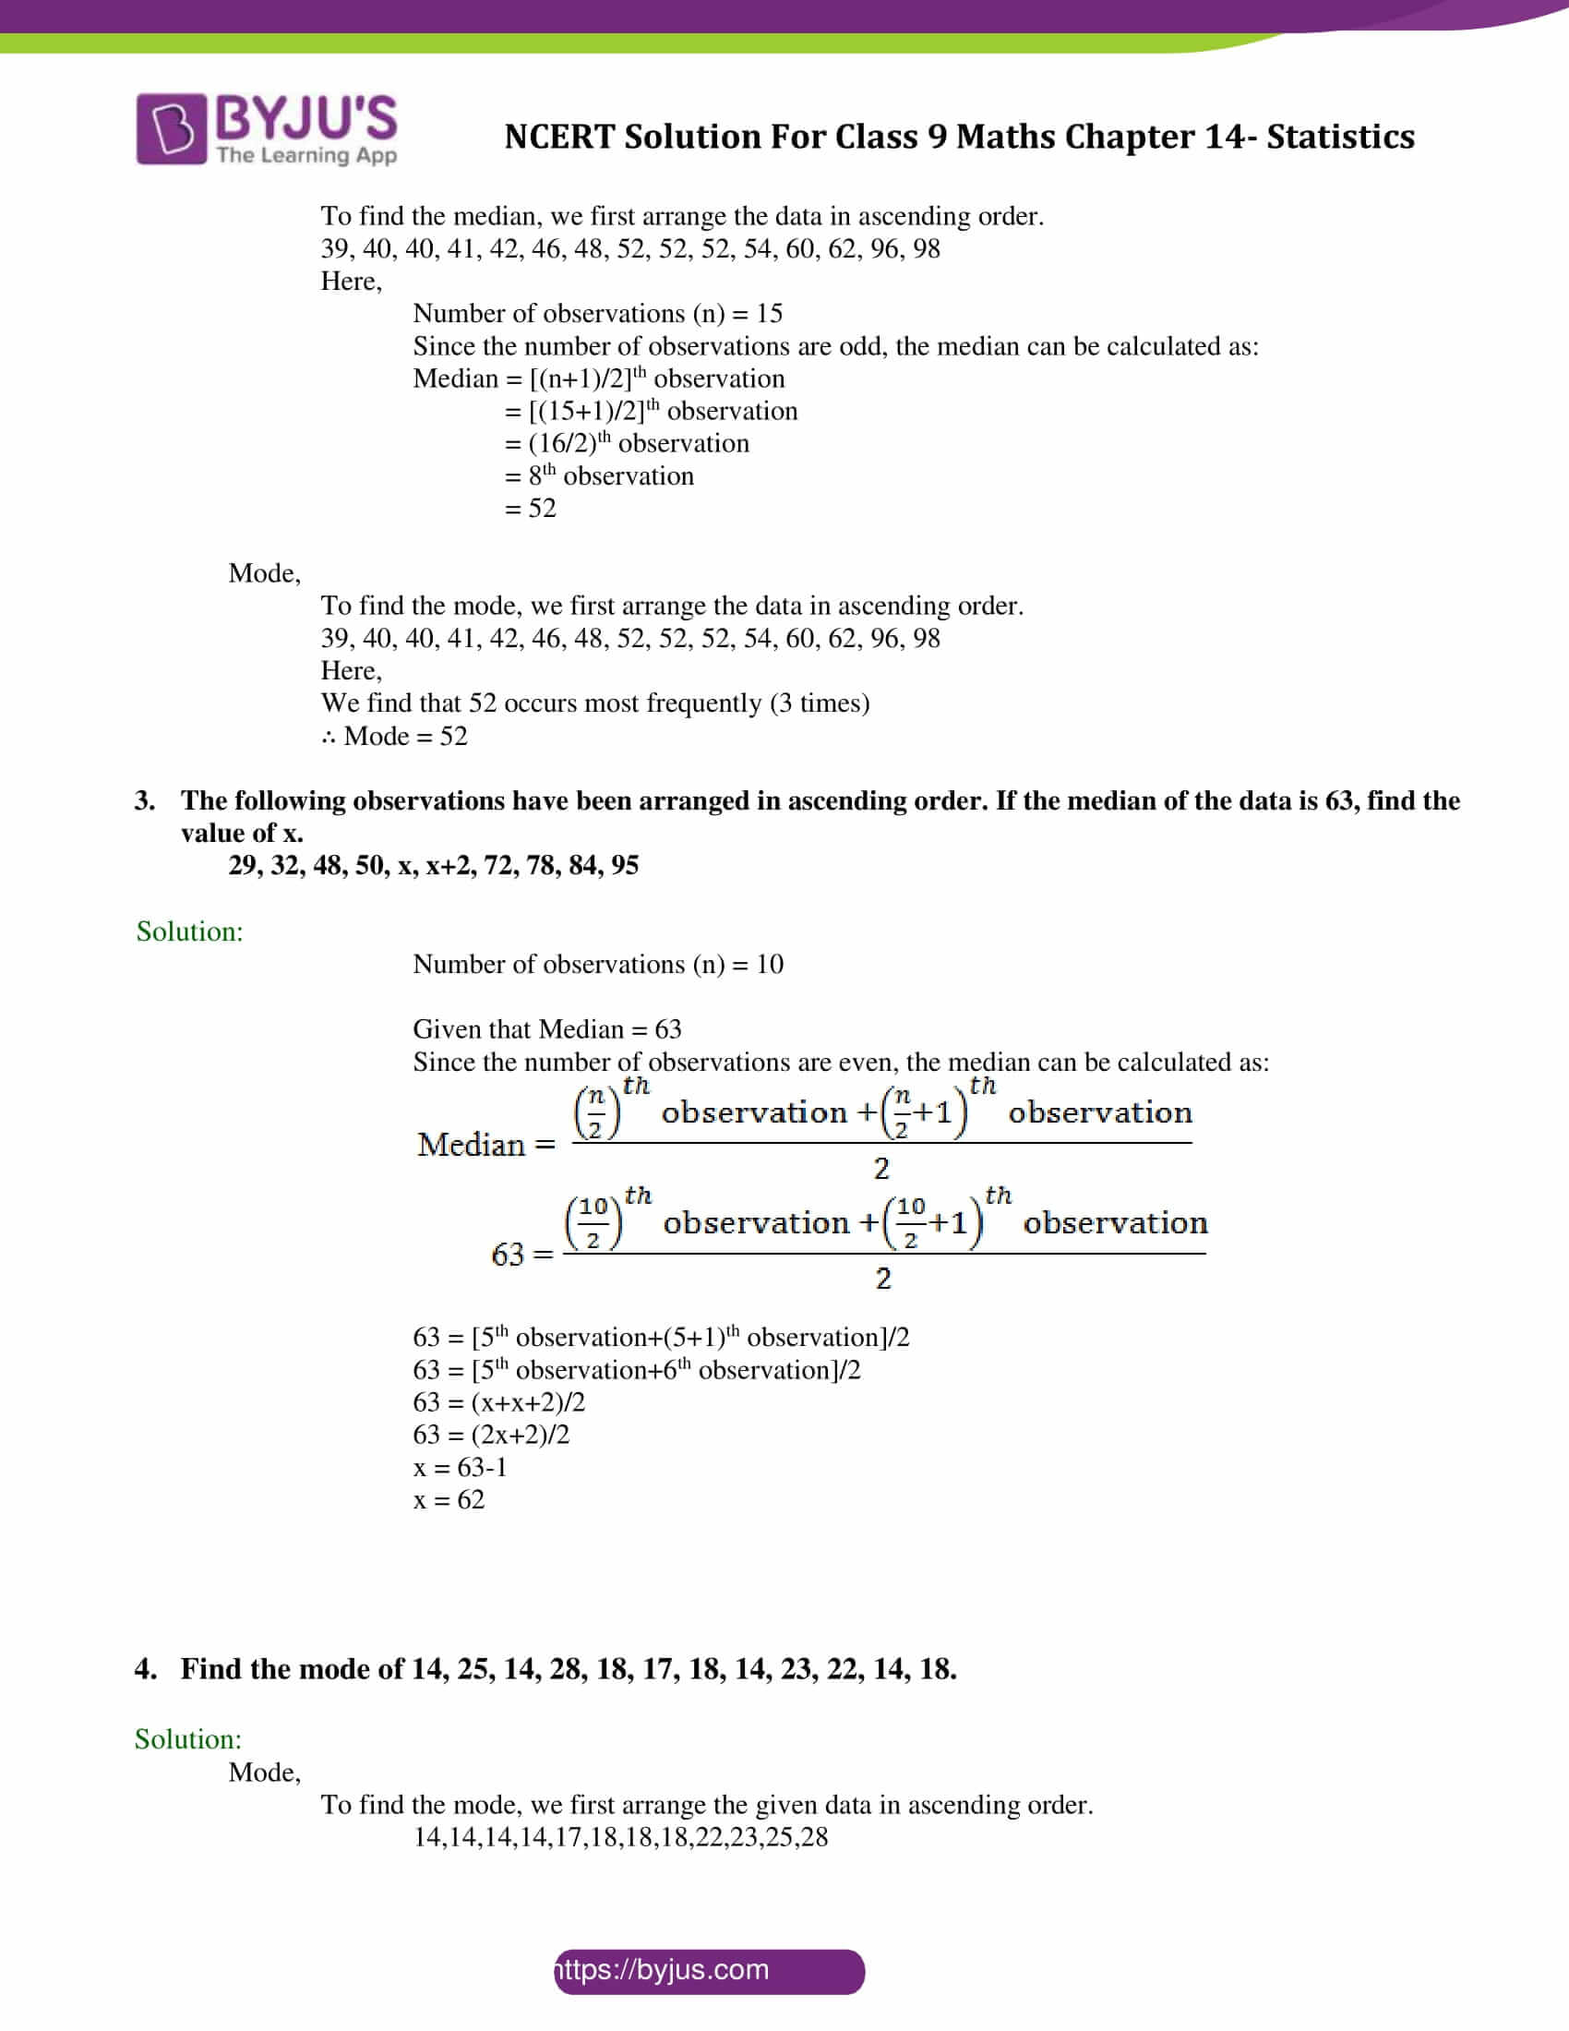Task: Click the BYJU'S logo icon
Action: pyautogui.click(x=171, y=128)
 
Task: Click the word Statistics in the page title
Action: pyautogui.click(x=1339, y=137)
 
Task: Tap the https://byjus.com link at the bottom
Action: pyautogui.click(x=708, y=1970)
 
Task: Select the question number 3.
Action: pyautogui.click(x=144, y=800)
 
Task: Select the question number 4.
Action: pyautogui.click(x=144, y=1669)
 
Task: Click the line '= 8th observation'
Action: pyautogui.click(x=599, y=475)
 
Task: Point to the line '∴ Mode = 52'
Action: pyautogui.click(x=394, y=736)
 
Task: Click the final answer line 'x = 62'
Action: pyautogui.click(x=448, y=1499)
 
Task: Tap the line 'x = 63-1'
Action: pyautogui.click(x=461, y=1467)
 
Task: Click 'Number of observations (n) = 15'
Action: pyautogui.click(x=597, y=313)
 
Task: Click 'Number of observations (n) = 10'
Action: pyautogui.click(x=597, y=964)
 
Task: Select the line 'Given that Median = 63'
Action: pyautogui.click(x=546, y=1028)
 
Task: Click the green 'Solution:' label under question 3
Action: pyautogui.click(x=189, y=931)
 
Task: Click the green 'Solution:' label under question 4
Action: pyautogui.click(x=187, y=1739)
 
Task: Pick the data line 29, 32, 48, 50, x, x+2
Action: pyautogui.click(x=433, y=865)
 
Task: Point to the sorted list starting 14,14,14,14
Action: pyautogui.click(x=620, y=1836)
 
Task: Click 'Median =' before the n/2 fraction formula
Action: pyautogui.click(x=485, y=1145)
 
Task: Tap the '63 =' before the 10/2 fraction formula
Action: pyautogui.click(x=521, y=1255)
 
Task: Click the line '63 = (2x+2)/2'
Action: pyautogui.click(x=491, y=1434)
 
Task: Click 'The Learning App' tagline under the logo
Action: pyautogui.click(x=305, y=155)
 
